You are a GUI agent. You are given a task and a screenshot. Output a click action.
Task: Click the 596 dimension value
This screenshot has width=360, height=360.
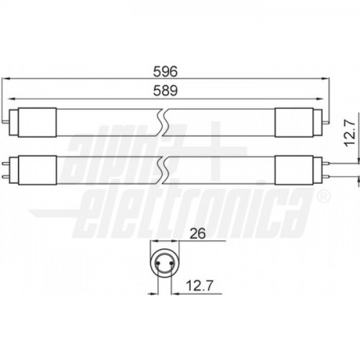pyautogui.click(x=166, y=71)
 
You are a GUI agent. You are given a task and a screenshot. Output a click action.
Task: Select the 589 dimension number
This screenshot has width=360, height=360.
pyautogui.click(x=166, y=91)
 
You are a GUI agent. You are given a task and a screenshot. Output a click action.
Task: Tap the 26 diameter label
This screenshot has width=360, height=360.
pyautogui.click(x=198, y=234)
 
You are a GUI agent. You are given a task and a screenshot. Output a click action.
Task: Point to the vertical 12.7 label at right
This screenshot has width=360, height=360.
pyautogui.click(x=350, y=133)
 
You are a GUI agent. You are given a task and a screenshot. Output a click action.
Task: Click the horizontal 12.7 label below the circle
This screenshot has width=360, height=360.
pyautogui.click(x=200, y=286)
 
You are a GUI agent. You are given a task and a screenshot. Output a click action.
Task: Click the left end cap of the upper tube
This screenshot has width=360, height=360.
pyautogui.click(x=37, y=122)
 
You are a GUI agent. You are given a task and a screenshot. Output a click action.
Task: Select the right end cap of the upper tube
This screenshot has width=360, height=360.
pyautogui.click(x=294, y=122)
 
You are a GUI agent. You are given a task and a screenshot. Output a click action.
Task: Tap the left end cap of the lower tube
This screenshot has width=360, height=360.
pyautogui.click(x=37, y=170)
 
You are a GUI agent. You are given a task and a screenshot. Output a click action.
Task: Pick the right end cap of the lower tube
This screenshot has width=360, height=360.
pyautogui.click(x=294, y=170)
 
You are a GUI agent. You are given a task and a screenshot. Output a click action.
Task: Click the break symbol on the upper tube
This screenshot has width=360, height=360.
pyautogui.click(x=163, y=122)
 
